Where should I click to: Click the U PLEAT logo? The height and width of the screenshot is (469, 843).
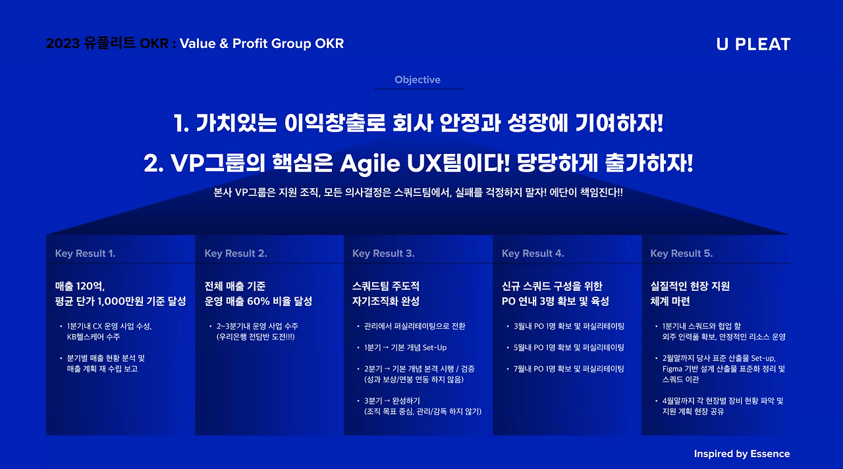[x=753, y=44]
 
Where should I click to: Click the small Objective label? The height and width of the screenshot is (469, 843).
[x=418, y=80]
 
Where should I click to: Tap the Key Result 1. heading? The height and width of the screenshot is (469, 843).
[x=85, y=253]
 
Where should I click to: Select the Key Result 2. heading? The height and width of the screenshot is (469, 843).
[x=235, y=253]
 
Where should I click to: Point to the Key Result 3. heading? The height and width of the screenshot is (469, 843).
[x=383, y=253]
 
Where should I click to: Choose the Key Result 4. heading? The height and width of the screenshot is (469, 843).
[x=533, y=253]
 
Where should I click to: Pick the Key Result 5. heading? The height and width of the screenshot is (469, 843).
[x=681, y=253]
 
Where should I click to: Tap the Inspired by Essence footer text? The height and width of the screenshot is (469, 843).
[x=742, y=454]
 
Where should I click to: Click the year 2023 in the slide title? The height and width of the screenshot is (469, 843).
[x=63, y=44]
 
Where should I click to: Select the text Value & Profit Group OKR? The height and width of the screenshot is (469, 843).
[x=261, y=44]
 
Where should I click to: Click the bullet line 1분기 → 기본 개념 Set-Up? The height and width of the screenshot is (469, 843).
[x=405, y=347]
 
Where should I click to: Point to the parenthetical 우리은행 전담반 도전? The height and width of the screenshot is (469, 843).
[x=256, y=337]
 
